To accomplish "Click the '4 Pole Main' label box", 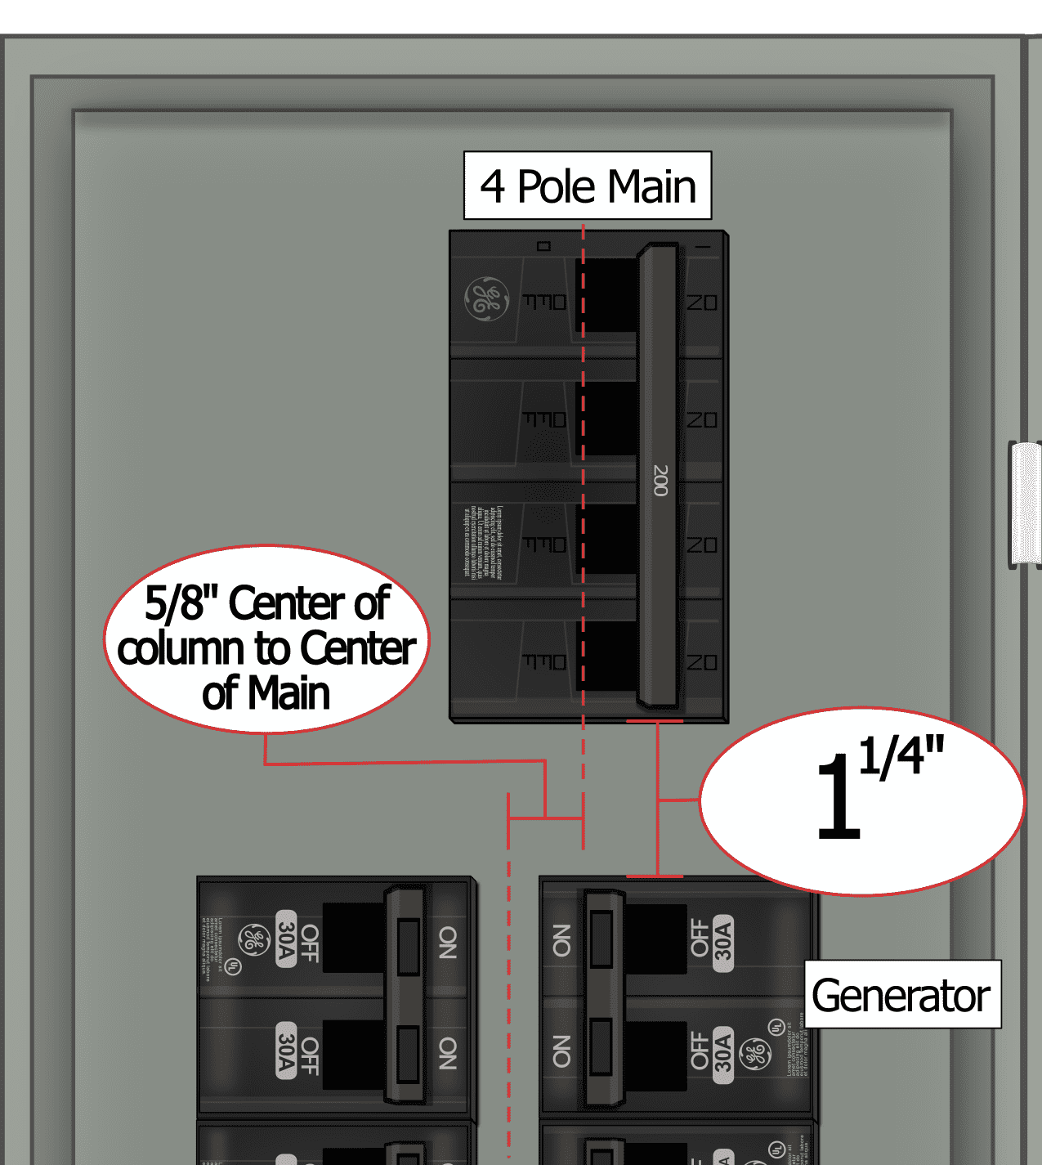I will (x=588, y=186).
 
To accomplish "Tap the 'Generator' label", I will (x=902, y=995).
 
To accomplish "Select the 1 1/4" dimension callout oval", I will (x=862, y=800).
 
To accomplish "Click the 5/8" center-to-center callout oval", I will (x=266, y=639).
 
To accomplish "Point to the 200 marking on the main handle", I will (x=660, y=480).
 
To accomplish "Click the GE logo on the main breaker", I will (x=486, y=299).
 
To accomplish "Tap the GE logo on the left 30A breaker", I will (x=253, y=941).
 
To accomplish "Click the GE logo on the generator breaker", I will (x=755, y=1055).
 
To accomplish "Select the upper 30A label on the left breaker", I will (x=285, y=939).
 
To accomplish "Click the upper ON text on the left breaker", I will (x=447, y=942).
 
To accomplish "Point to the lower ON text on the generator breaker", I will (x=561, y=1051).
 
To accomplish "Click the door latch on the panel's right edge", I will (x=1025, y=504).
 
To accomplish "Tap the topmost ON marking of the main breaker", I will (x=702, y=303).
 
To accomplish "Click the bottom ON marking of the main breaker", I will (x=702, y=662).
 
